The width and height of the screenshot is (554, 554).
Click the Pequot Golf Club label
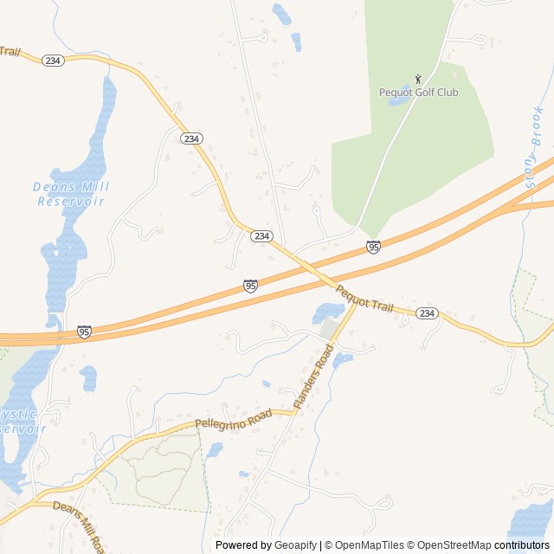click(x=418, y=93)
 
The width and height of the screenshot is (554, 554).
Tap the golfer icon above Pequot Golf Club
click(x=418, y=79)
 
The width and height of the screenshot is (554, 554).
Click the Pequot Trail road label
click(x=364, y=300)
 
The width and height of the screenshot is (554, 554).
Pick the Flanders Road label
click(x=313, y=377)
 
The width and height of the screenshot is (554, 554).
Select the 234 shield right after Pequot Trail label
click(x=427, y=312)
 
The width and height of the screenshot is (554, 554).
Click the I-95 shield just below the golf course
click(x=373, y=248)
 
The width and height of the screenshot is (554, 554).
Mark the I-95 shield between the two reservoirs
click(x=84, y=332)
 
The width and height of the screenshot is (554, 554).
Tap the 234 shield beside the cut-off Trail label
click(x=53, y=60)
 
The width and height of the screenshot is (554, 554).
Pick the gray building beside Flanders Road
click(x=328, y=329)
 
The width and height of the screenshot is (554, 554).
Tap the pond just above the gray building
click(x=328, y=311)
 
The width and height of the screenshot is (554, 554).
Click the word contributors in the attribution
click(x=522, y=545)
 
